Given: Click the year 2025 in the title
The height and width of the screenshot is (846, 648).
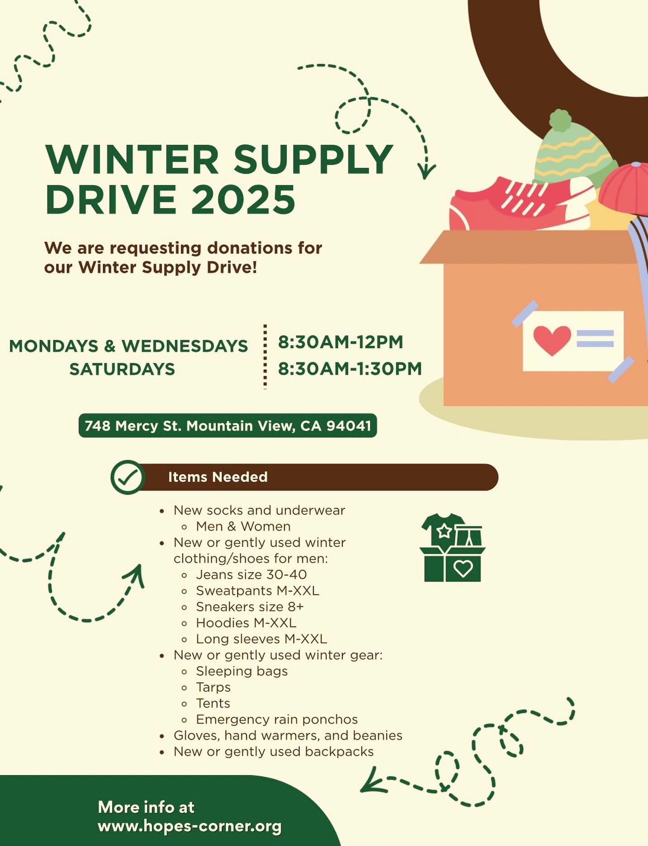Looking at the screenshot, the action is click(243, 199).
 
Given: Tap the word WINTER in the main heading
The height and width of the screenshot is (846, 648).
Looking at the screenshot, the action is click(132, 160).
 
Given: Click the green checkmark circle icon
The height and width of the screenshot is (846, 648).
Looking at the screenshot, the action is click(128, 477).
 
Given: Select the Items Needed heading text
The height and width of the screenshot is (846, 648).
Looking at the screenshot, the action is click(218, 477).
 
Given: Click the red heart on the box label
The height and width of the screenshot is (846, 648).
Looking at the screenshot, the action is click(552, 340).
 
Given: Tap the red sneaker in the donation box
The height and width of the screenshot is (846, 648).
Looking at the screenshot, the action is click(520, 203).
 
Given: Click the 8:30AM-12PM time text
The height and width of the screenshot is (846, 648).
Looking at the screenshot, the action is click(340, 342).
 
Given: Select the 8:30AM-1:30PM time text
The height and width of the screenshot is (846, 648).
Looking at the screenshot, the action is click(350, 369).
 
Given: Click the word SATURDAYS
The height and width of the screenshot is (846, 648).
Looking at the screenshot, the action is click(122, 369).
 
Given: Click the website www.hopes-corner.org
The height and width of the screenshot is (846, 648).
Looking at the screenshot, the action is click(190, 826).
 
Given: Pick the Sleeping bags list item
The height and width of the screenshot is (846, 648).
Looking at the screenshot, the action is click(242, 671).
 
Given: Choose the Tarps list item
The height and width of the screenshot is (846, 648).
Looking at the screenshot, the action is click(213, 687).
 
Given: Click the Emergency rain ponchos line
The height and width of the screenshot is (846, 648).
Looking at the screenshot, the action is click(276, 719).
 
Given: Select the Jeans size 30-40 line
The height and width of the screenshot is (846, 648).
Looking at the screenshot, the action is click(251, 575).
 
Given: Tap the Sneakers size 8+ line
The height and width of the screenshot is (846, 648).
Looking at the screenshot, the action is click(250, 607).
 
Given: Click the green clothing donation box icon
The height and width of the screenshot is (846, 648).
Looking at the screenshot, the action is click(453, 548).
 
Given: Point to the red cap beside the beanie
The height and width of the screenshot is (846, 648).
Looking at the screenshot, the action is click(624, 188).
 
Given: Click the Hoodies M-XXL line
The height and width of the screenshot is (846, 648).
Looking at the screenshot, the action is click(246, 623).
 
